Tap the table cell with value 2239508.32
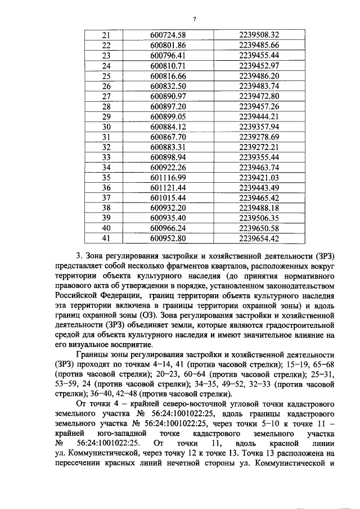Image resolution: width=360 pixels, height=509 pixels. (x=259, y=35)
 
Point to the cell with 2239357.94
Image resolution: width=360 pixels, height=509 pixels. (x=259, y=126)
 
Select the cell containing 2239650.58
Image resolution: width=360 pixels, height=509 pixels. (x=259, y=227)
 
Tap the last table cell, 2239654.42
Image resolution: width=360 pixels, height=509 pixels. (x=259, y=237)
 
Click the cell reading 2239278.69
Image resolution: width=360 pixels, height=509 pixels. (x=259, y=136)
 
